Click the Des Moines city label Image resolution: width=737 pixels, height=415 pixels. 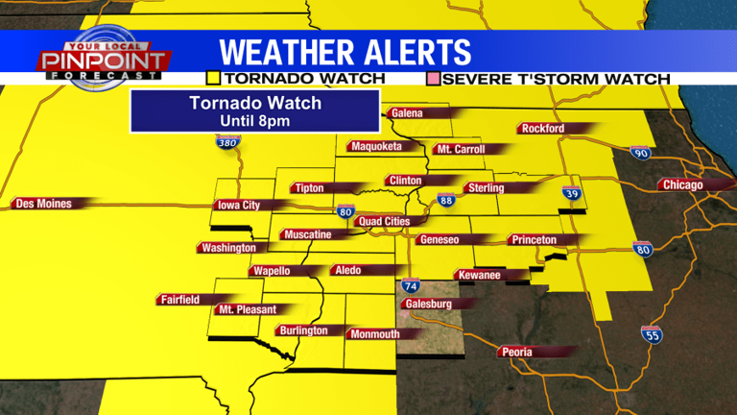tap(41, 203)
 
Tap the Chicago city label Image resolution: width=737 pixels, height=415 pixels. tap(682, 184)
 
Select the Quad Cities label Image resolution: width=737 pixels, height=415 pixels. tap(384, 221)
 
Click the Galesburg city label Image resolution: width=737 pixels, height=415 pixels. tap(428, 304)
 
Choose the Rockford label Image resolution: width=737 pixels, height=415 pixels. tap(543, 129)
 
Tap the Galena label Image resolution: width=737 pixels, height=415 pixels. tap(407, 113)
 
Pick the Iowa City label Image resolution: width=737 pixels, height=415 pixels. tap(239, 205)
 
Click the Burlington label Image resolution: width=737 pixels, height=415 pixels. tap(303, 330)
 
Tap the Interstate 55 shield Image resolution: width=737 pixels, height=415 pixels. tap(651, 334)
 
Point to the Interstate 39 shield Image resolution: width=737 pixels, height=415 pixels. tap(571, 192)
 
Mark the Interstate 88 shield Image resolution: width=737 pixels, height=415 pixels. tap(445, 200)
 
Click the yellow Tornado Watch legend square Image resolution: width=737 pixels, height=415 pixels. tap(213, 78)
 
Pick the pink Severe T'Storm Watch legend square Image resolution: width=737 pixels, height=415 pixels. tap(434, 78)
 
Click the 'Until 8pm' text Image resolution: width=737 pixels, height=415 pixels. tap(254, 121)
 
